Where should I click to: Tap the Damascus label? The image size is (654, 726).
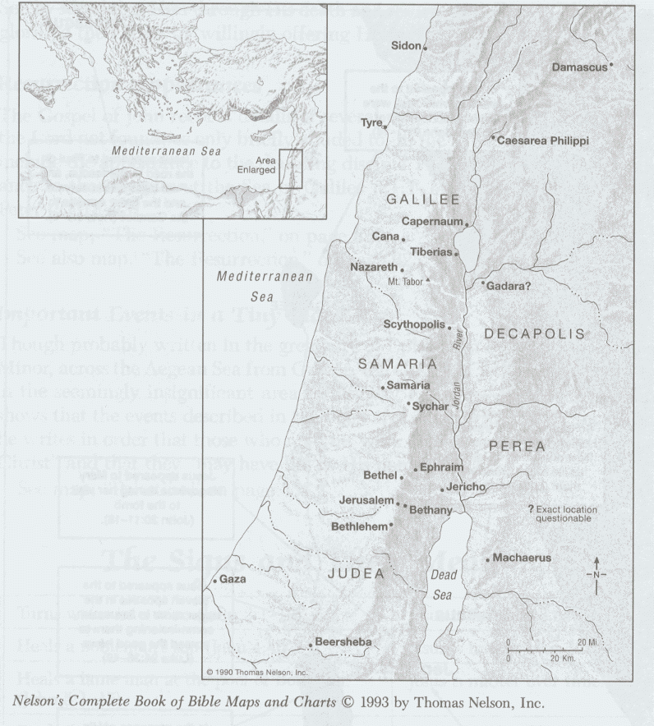578,66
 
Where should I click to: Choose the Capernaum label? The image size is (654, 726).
431,222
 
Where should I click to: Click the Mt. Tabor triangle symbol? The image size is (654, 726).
427,281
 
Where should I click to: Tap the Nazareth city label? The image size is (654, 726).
372,268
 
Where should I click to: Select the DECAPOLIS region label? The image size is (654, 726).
534,333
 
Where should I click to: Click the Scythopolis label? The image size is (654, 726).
413,324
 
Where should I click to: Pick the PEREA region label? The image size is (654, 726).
517,446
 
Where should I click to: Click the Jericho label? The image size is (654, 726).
467,487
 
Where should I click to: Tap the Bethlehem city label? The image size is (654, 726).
359,526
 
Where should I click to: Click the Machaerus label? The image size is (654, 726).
522,558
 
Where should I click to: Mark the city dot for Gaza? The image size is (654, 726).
214,581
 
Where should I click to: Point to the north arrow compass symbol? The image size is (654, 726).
596,573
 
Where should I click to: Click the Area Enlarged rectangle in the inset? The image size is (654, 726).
290,169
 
